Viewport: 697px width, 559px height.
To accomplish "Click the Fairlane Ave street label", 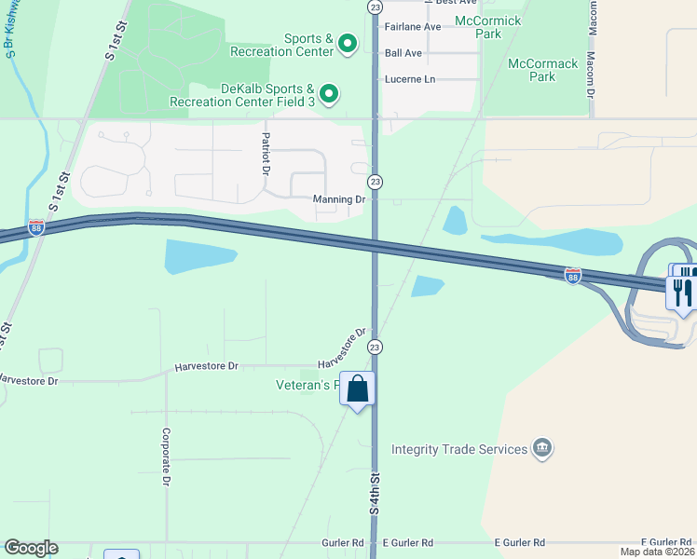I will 413,27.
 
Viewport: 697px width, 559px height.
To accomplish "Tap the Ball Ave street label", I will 403,53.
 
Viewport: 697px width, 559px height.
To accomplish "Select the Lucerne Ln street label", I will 410,79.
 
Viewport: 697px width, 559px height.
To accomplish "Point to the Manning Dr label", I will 340,199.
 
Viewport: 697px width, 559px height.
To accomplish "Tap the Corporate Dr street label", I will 166,457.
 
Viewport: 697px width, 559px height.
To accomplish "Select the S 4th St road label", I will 375,494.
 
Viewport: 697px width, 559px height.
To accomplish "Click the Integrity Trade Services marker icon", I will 541,449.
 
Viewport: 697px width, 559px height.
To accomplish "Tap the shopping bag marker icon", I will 358,389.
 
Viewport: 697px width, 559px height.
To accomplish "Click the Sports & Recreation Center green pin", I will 348,44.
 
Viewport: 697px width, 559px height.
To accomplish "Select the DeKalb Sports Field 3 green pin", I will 328,94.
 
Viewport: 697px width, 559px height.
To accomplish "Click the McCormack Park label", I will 543,70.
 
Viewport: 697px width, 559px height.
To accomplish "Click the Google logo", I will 30,548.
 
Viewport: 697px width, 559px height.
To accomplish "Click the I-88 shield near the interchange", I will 572,275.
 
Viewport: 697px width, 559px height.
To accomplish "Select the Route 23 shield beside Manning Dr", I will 375,181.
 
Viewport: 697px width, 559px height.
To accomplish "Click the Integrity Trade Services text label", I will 459,449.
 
